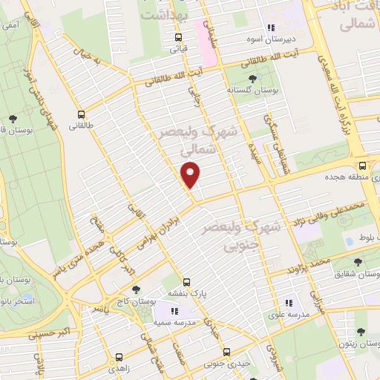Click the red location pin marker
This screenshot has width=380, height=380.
click(x=191, y=174)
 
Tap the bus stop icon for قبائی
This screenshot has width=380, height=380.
click(x=178, y=37)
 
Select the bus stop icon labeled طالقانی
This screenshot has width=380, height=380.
click(x=81, y=114)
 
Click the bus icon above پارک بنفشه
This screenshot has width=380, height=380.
click(x=186, y=282)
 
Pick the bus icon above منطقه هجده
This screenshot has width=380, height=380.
click(x=362, y=166)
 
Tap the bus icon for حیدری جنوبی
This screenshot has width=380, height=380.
click(x=227, y=352)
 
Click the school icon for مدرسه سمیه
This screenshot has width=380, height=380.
click(x=176, y=312)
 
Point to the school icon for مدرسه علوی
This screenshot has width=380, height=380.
click(x=289, y=303)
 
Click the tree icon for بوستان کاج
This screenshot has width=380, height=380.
click(x=135, y=289)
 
